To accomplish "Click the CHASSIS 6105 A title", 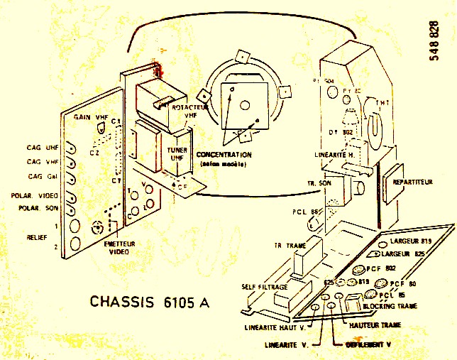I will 150,301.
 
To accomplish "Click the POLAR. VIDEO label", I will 35,195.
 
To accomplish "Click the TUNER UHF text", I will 177,154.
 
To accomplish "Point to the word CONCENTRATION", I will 224,155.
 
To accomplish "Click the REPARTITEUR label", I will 413,182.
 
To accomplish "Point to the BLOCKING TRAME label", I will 388,306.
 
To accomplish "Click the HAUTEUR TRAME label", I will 375,324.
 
